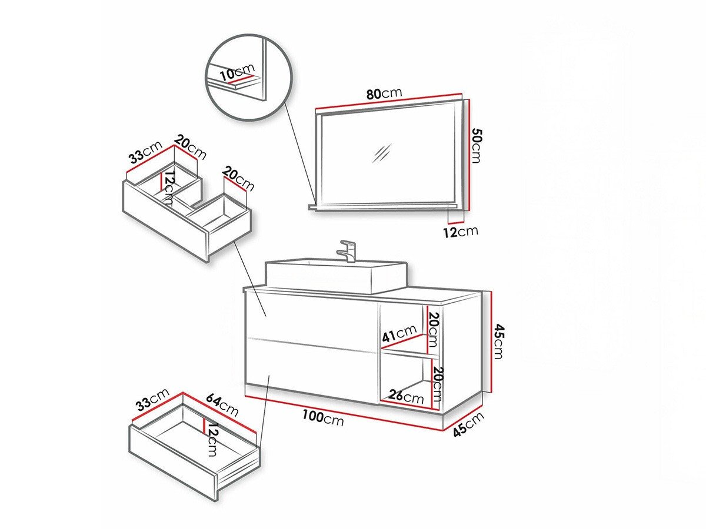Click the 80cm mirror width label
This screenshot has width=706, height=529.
[x=384, y=93]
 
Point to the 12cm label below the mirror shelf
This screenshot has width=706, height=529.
[x=461, y=230]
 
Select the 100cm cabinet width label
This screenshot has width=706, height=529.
[x=322, y=418]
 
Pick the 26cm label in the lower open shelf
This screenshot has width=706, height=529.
[x=406, y=396]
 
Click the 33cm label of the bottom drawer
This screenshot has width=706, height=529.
[x=152, y=401]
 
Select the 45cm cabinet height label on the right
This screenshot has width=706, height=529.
[x=498, y=341]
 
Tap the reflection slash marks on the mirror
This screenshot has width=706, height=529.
[x=382, y=153]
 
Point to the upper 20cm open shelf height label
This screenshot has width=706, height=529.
[x=432, y=327]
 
